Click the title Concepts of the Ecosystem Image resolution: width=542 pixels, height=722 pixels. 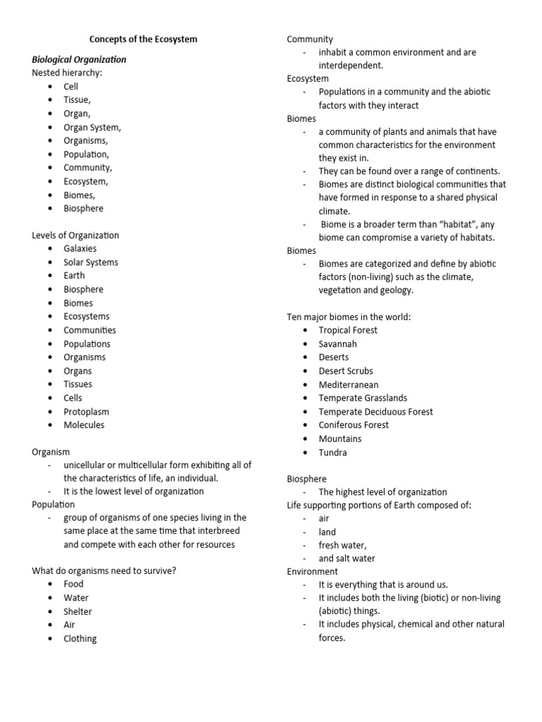[x=143, y=39]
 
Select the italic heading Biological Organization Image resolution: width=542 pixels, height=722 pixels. [x=79, y=59]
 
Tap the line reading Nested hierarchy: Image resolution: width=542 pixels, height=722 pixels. [x=66, y=73]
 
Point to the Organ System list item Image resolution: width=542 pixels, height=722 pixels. [x=92, y=127]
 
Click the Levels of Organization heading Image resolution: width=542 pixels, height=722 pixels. [x=76, y=235]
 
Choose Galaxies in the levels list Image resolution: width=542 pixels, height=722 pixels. [x=80, y=248]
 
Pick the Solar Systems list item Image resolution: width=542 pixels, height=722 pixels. [x=90, y=262]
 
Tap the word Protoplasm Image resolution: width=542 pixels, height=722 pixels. [x=86, y=411]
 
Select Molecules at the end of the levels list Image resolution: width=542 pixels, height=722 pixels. [x=83, y=424]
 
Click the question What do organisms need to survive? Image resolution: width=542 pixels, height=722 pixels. [x=104, y=570]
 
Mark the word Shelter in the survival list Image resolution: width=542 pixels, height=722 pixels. [x=78, y=611]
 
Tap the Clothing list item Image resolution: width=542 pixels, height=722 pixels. [x=80, y=639]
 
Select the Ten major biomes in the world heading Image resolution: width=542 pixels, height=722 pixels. [x=349, y=317]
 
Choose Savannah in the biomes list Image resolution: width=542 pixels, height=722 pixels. [x=337, y=343]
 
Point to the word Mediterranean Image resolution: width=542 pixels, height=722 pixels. [x=348, y=384]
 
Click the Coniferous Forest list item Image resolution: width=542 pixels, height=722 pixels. [x=354, y=424]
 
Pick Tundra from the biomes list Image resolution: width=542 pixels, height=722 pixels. [x=332, y=452]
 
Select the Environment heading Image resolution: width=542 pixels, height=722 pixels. [x=313, y=571]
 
